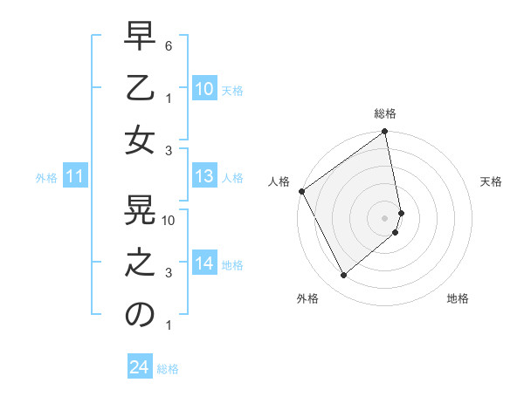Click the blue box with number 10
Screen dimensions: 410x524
coord(204,89)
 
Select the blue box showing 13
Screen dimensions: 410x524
coord(204,177)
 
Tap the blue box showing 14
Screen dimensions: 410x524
coord(204,264)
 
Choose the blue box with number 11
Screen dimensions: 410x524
coord(75,177)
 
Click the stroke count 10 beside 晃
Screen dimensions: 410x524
coord(169,220)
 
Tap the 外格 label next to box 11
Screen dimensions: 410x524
coord(46,178)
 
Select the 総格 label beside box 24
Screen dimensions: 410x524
coord(168,369)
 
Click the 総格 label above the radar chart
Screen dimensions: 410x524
coord(385,113)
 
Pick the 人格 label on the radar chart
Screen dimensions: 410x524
coord(279,181)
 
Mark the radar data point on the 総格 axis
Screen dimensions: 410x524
coord(384,133)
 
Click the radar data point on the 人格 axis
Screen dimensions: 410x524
coord(301,191)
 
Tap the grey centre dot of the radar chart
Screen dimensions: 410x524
coord(384,217)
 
